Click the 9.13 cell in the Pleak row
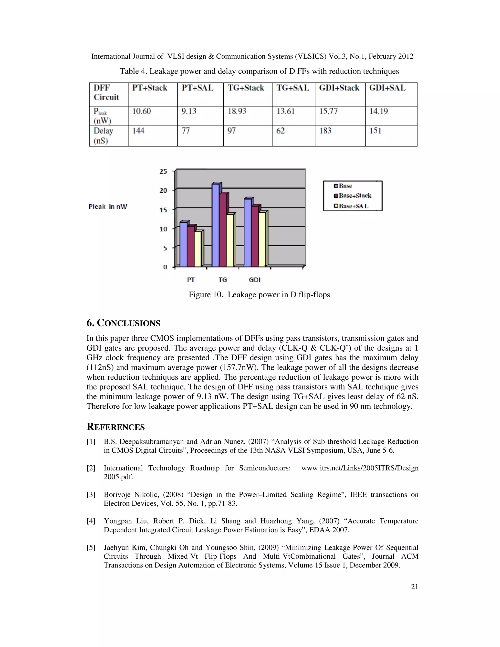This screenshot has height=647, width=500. [189, 111]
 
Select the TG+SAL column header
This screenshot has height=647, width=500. [293, 88]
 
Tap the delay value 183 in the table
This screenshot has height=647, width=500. [325, 131]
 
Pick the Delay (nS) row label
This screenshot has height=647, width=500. [103, 136]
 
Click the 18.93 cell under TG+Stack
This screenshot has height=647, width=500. [237, 111]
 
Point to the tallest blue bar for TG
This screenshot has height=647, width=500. [216, 225]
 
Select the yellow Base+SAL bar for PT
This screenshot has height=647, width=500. [198, 249]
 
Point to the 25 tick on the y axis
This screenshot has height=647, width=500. [163, 171]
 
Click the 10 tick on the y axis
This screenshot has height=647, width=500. [163, 229]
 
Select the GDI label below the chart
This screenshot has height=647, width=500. [254, 280]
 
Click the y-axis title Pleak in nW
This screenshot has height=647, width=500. [107, 207]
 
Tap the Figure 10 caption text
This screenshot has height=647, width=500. [259, 294]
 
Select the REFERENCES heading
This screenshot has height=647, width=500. [115, 427]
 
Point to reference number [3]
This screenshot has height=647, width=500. [91, 494]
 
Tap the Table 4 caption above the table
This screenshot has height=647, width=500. [259, 71]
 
